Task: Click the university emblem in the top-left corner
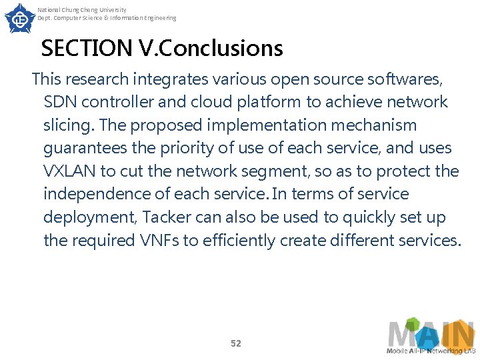(19, 18)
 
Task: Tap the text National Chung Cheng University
(81, 10)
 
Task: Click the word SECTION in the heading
(87, 49)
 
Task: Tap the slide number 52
(235, 343)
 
